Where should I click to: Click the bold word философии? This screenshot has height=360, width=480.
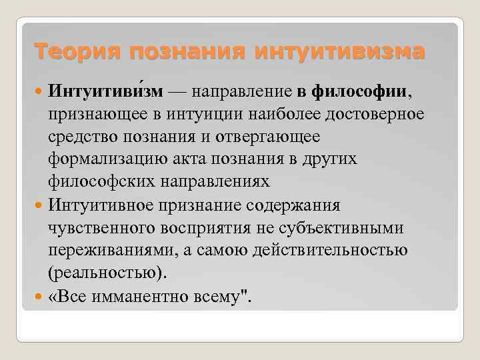[363, 91]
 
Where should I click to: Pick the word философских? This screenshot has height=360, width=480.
[104, 181]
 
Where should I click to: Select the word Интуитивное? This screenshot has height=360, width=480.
[105, 205]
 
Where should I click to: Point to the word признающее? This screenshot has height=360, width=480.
[95, 113]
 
